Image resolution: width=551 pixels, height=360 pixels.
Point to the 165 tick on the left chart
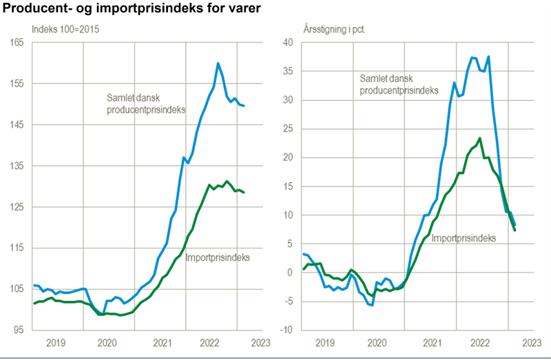coord(17,43)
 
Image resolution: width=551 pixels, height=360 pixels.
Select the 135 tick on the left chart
coord(17,166)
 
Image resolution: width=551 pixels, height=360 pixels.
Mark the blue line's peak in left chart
coord(218,63)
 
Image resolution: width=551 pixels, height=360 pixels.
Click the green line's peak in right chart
coord(479,138)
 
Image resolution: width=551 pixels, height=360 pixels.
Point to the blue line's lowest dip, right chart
coord(371,304)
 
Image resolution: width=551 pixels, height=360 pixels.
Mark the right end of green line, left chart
coord(244,192)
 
